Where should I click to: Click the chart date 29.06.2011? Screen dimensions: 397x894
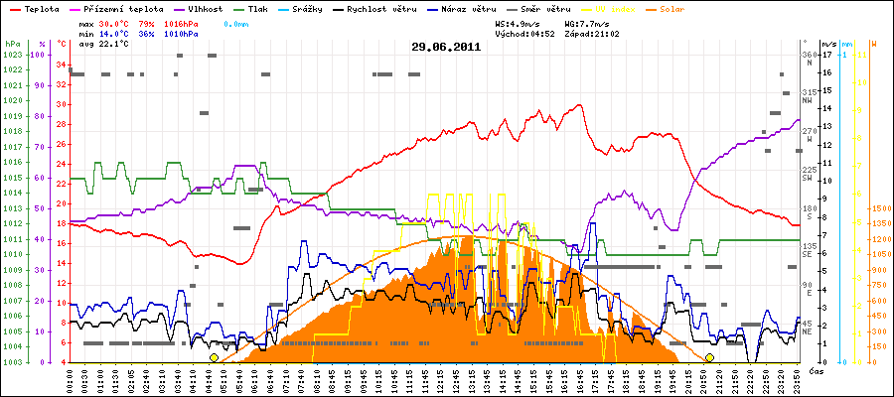tap(446, 47)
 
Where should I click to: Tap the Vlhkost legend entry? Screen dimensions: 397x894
tap(204, 9)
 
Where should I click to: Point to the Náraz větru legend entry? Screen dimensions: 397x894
tap(471, 9)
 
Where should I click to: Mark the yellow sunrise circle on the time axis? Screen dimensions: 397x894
tap(214, 357)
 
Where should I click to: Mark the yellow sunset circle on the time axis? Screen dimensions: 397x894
tap(709, 357)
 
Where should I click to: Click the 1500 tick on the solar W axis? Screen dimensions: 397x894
tap(881, 209)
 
